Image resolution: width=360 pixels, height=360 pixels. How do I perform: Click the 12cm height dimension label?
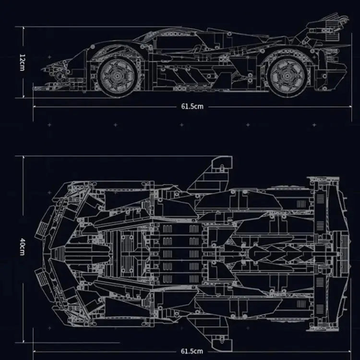tap(22, 61)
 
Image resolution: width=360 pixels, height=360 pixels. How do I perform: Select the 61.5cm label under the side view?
tap(192, 106)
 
